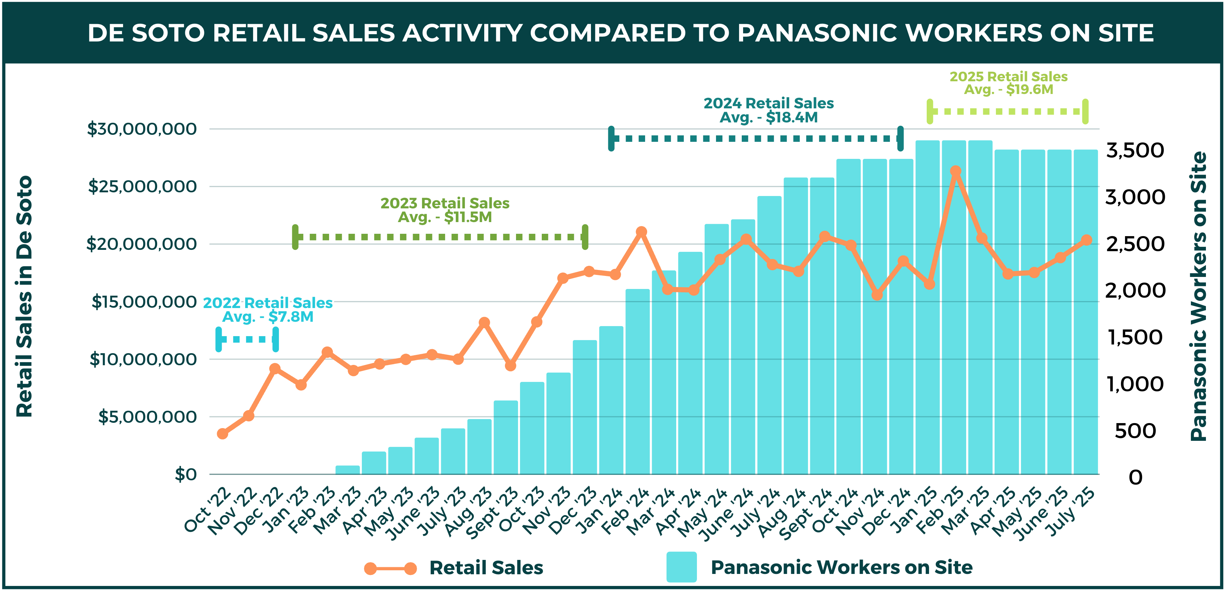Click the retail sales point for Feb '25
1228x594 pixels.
pyautogui.click(x=955, y=171)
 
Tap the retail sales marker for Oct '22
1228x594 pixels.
pyautogui.click(x=222, y=433)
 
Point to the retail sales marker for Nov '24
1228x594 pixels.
pyautogui.click(x=877, y=295)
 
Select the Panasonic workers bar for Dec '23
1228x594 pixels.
pyautogui.click(x=585, y=408)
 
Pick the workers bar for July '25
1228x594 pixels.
pyautogui.click(x=1086, y=312)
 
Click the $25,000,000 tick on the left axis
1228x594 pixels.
pyautogui.click(x=142, y=186)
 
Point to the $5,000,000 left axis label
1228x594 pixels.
pyautogui.click(x=147, y=417)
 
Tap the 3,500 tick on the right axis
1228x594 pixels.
pyautogui.click(x=1135, y=151)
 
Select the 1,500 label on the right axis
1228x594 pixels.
pyautogui.click(x=1135, y=337)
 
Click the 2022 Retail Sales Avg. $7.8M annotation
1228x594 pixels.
pyautogui.click(x=268, y=310)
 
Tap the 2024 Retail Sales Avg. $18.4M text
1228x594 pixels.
pyautogui.click(x=769, y=110)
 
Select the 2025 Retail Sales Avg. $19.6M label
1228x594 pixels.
pyautogui.click(x=1008, y=83)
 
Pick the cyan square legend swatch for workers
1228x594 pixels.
pyautogui.click(x=681, y=567)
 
